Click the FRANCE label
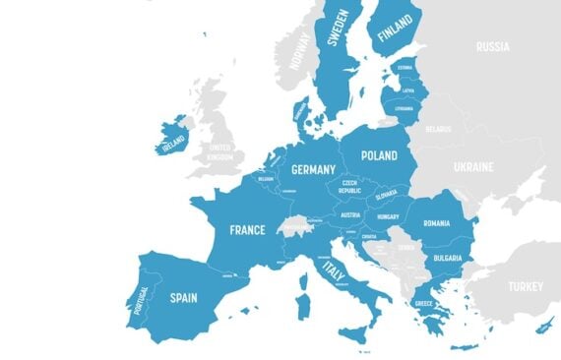click(247, 230)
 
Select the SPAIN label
click(184, 295)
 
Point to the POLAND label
click(379, 155)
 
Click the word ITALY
click(334, 270)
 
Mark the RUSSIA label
click(492, 46)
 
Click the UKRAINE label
click(472, 167)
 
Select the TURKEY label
click(524, 287)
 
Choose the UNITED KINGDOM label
click(219, 152)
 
